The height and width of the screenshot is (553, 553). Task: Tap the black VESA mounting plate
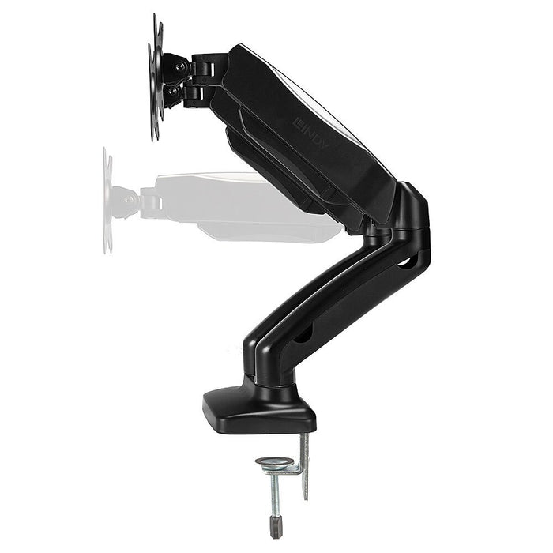[x=156, y=79]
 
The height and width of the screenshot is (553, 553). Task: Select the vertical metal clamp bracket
[x=303, y=466]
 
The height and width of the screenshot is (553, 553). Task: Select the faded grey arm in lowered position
[x=245, y=207]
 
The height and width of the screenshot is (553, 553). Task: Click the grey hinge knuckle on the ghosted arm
[x=148, y=201]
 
